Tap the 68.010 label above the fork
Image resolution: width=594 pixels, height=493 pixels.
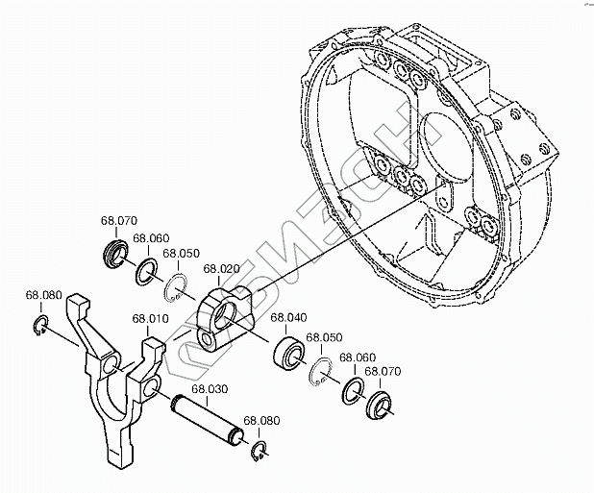pyautogui.click(x=150, y=318)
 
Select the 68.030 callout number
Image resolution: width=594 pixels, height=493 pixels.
pyautogui.click(x=209, y=389)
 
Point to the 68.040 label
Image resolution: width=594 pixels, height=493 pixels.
pyautogui.click(x=287, y=317)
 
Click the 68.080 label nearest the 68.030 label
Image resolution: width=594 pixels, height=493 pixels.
pyautogui.click(x=260, y=420)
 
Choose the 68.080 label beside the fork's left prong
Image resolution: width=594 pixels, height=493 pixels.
pyautogui.click(x=43, y=294)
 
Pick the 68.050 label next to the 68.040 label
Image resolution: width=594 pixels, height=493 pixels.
pyautogui.click(x=323, y=338)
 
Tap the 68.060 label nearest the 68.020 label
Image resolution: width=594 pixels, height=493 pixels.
pyautogui.click(x=151, y=237)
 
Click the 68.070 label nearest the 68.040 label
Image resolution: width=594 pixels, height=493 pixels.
pyautogui.click(x=376, y=370)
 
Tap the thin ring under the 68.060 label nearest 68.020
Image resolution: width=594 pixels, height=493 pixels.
pyautogui.click(x=149, y=267)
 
